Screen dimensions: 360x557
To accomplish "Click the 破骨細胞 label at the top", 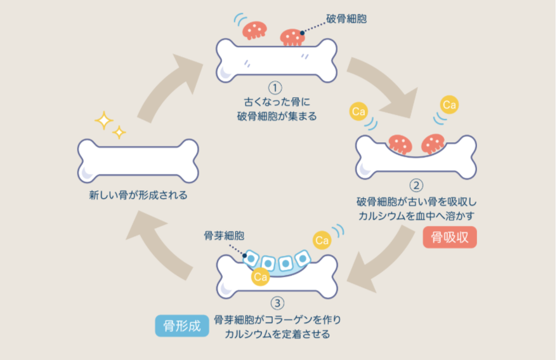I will tap(346, 18).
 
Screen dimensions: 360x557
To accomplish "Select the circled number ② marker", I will tap(416, 185).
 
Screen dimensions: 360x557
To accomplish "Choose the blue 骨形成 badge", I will tap(181, 326).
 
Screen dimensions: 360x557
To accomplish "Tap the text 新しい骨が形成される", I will tap(138, 195).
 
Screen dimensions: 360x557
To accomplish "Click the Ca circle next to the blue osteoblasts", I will tap(322, 240).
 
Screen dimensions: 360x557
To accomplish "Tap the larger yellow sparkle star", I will tap(103, 119).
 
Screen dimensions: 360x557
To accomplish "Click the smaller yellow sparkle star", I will tap(119, 133).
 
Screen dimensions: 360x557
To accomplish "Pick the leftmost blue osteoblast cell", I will tap(252, 258).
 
